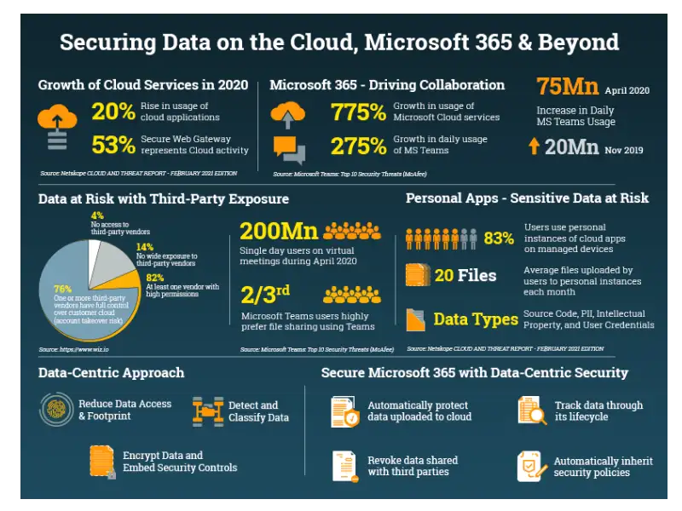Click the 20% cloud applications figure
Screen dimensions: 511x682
click(x=113, y=112)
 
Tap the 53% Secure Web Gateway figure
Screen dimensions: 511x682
click(x=113, y=145)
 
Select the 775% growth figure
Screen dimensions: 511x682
click(x=358, y=112)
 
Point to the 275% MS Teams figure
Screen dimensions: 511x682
click(x=358, y=146)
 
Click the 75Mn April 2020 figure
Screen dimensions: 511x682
click(x=567, y=87)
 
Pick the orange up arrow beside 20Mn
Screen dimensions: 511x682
click(x=534, y=146)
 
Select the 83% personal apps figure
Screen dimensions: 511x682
click(x=499, y=238)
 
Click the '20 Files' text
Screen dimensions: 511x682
click(x=465, y=275)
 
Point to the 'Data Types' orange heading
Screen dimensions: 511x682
click(x=475, y=319)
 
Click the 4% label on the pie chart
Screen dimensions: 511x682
click(x=97, y=215)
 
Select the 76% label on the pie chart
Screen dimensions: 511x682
click(x=62, y=289)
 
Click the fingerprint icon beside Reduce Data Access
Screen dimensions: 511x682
click(x=56, y=410)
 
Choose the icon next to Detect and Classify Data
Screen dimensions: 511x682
click(x=208, y=411)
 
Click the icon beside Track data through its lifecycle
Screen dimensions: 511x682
click(x=532, y=411)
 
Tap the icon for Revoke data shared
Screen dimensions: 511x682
click(x=344, y=466)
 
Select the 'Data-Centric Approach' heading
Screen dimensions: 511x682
click(x=111, y=372)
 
